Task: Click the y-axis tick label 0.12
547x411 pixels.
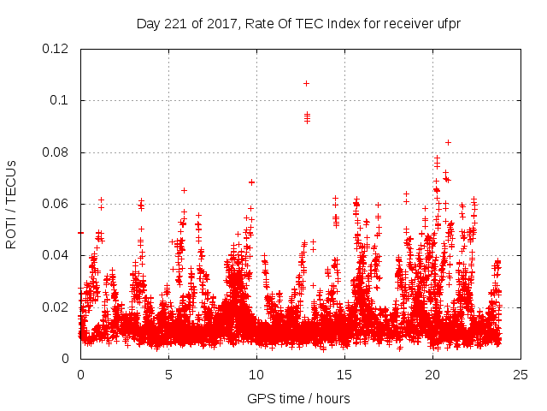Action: click(x=57, y=49)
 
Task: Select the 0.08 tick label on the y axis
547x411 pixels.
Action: click(x=57, y=152)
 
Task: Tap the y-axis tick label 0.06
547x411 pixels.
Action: click(x=57, y=204)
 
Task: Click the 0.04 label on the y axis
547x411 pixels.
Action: click(x=57, y=255)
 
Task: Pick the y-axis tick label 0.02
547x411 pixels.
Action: click(x=57, y=307)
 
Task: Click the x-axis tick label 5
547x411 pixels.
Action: click(x=168, y=374)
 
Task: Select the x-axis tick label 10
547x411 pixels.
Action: click(x=256, y=374)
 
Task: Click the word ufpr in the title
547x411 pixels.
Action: click(x=448, y=23)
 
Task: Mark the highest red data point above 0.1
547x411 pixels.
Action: click(x=306, y=83)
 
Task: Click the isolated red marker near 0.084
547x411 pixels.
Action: click(x=448, y=142)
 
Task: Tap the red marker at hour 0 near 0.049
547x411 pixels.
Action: click(x=81, y=232)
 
